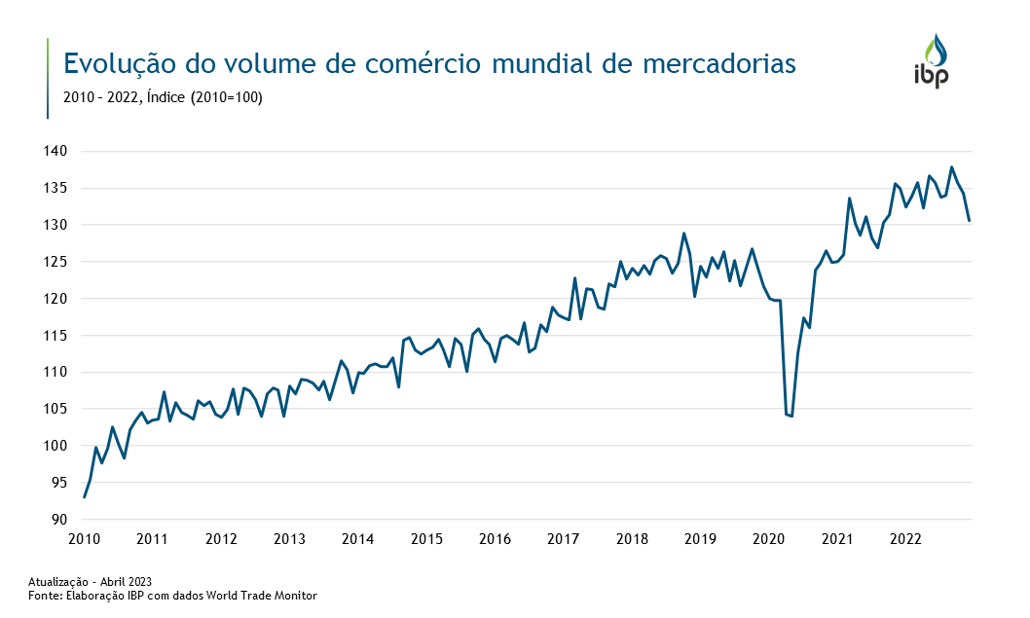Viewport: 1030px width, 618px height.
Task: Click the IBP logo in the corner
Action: [x=932, y=61]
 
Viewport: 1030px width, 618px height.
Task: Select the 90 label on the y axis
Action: [x=58, y=520]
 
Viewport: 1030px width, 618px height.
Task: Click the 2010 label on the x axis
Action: [x=85, y=539]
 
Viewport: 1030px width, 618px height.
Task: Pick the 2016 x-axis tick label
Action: [x=496, y=539]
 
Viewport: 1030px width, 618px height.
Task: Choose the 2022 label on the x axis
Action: [x=906, y=539]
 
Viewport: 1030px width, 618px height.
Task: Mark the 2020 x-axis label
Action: [x=769, y=539]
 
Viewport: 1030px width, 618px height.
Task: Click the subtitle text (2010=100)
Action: [x=227, y=97]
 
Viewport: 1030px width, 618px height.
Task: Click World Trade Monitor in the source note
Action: [x=267, y=596]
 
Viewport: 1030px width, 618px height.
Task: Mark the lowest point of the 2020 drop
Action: [x=791, y=417]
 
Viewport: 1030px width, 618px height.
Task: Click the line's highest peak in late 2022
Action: [x=951, y=167]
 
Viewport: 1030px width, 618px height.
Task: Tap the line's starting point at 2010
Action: [x=85, y=497]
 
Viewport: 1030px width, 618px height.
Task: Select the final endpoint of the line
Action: [x=969, y=221]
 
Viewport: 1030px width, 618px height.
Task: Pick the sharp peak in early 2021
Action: [x=849, y=199]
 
